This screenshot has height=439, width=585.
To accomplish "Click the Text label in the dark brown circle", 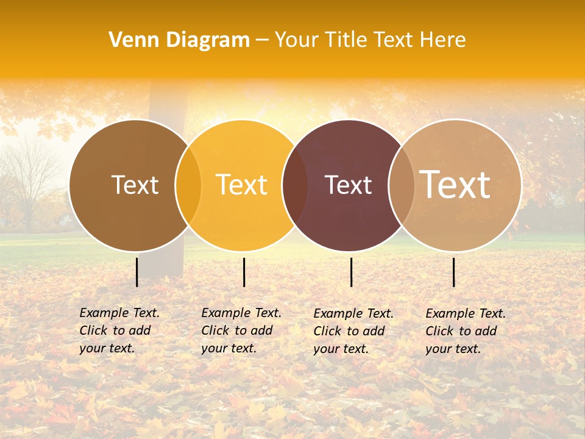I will (x=135, y=185).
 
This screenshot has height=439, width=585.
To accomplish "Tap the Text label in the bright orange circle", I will (x=241, y=185).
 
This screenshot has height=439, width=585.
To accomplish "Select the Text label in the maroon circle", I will (x=348, y=185).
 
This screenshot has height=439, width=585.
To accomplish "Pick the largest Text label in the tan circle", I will (x=455, y=184).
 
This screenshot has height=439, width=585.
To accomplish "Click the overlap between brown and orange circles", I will (x=188, y=185).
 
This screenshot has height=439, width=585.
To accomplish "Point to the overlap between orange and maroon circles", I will (x=295, y=185).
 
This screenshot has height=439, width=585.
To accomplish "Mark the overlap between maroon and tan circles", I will (x=402, y=185).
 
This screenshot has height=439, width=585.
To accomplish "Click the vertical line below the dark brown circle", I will (x=136, y=272).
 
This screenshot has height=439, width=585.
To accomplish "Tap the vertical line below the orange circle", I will (x=244, y=272).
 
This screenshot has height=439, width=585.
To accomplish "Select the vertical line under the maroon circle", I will (x=351, y=272).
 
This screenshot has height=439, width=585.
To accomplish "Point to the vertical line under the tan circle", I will (x=453, y=272).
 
